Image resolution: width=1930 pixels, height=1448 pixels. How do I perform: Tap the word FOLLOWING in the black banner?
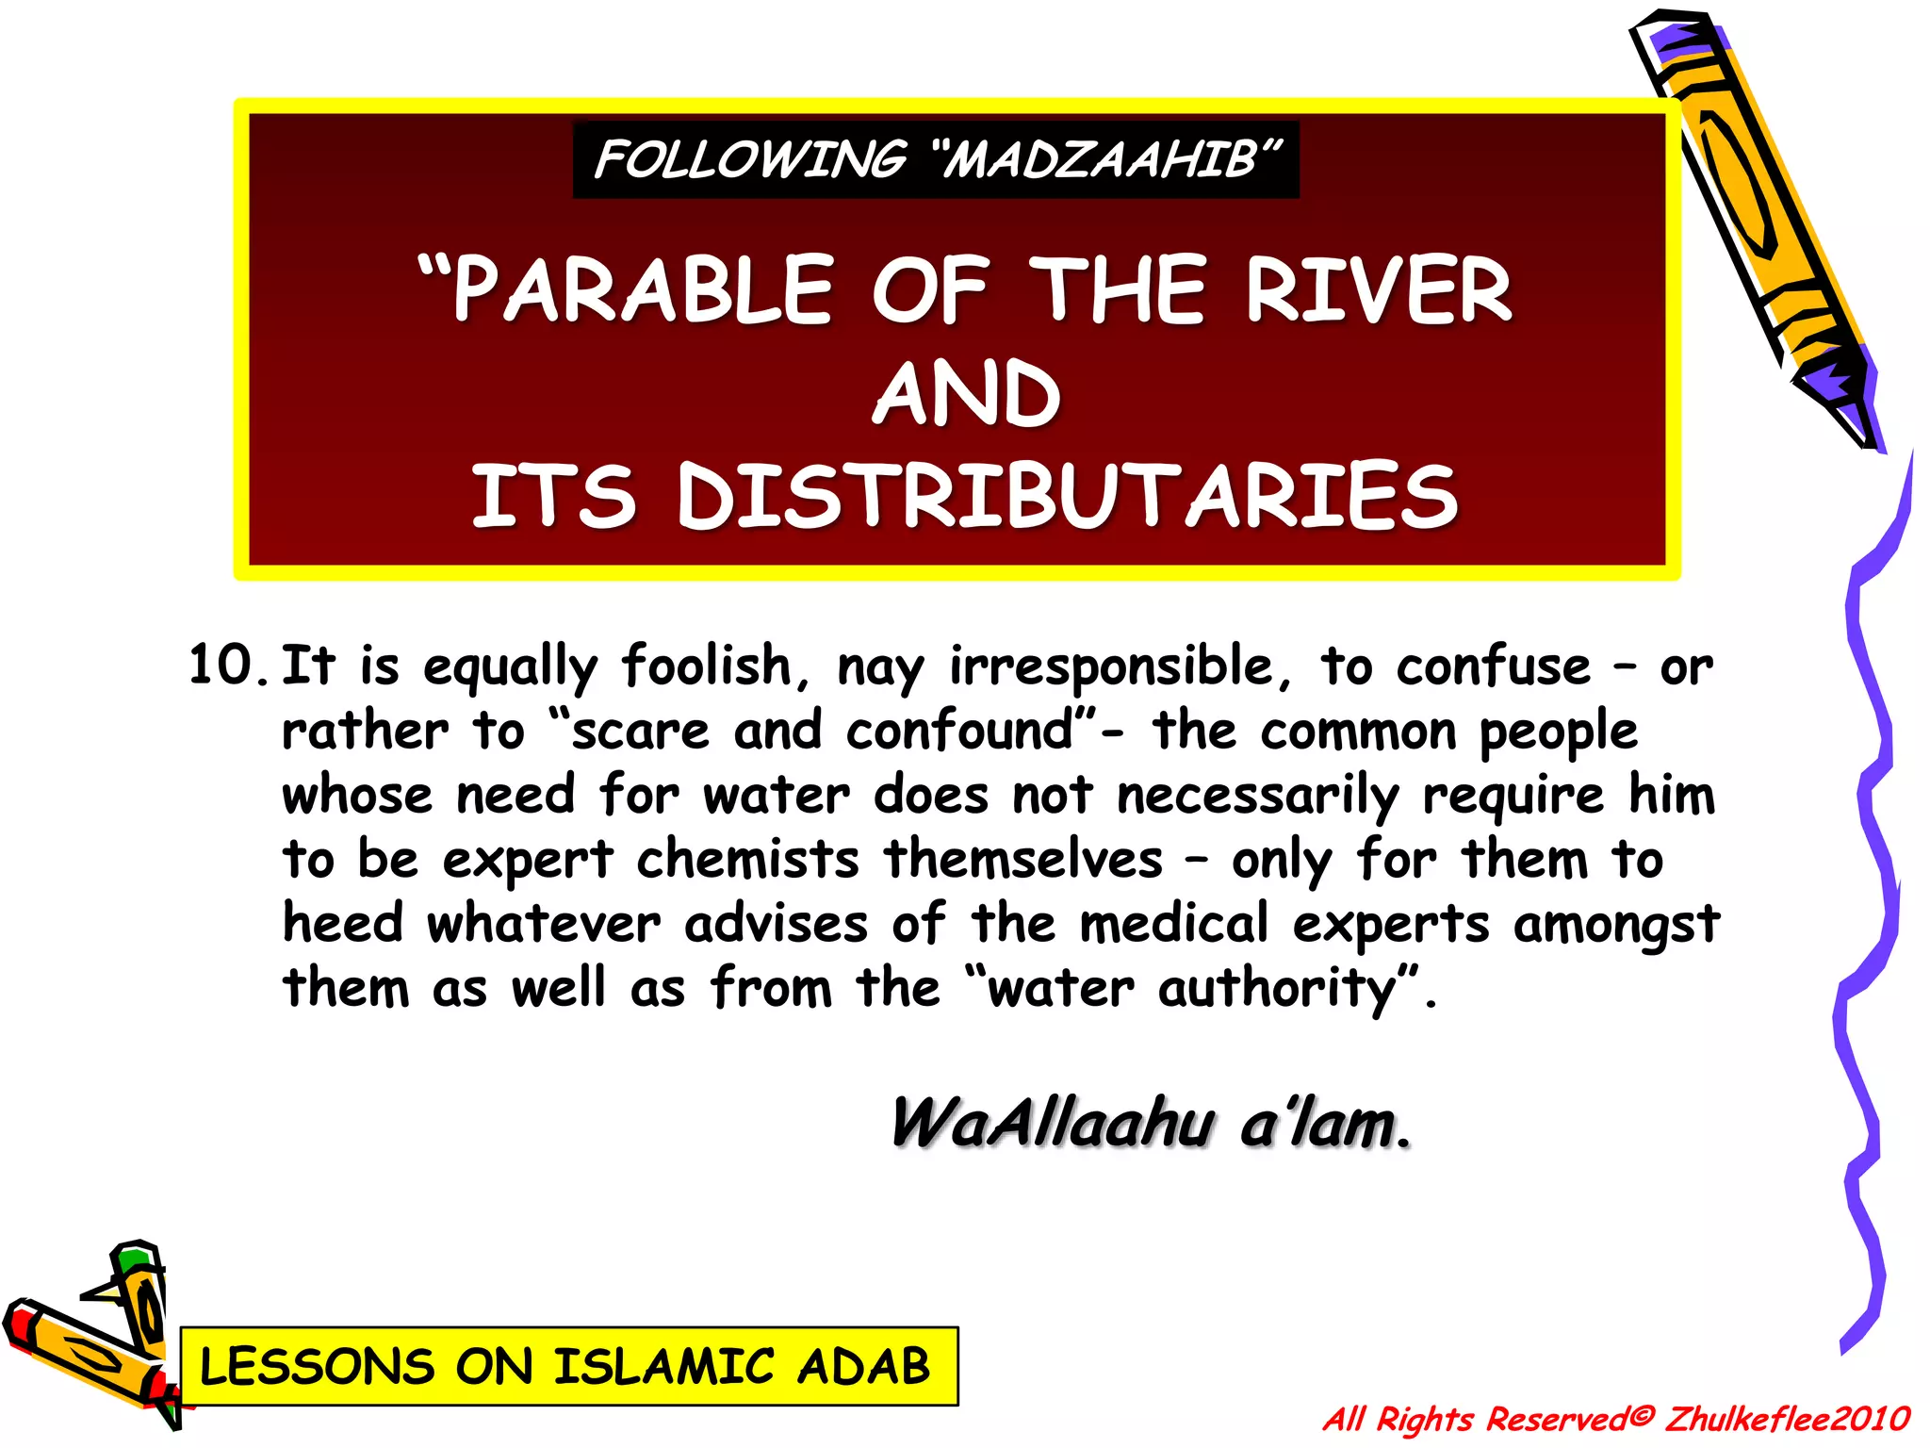point(750,160)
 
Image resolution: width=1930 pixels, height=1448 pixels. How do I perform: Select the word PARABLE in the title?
point(643,290)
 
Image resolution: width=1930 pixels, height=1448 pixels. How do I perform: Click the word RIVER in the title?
point(1378,290)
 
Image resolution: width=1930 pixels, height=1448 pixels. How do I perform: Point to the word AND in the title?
point(966,394)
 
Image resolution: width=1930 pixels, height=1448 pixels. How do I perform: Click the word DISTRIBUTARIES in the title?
point(1067,496)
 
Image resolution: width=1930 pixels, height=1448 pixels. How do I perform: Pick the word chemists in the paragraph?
point(747,860)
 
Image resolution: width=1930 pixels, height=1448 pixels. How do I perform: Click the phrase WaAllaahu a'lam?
point(1151,1124)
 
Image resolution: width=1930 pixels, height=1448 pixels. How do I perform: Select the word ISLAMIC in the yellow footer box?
point(664,1367)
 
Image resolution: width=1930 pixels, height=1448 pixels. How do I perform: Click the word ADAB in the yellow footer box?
point(863,1367)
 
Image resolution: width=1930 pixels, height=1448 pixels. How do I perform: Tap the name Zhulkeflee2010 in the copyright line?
point(1787,1419)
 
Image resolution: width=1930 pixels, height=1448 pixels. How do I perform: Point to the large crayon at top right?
point(1753,226)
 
